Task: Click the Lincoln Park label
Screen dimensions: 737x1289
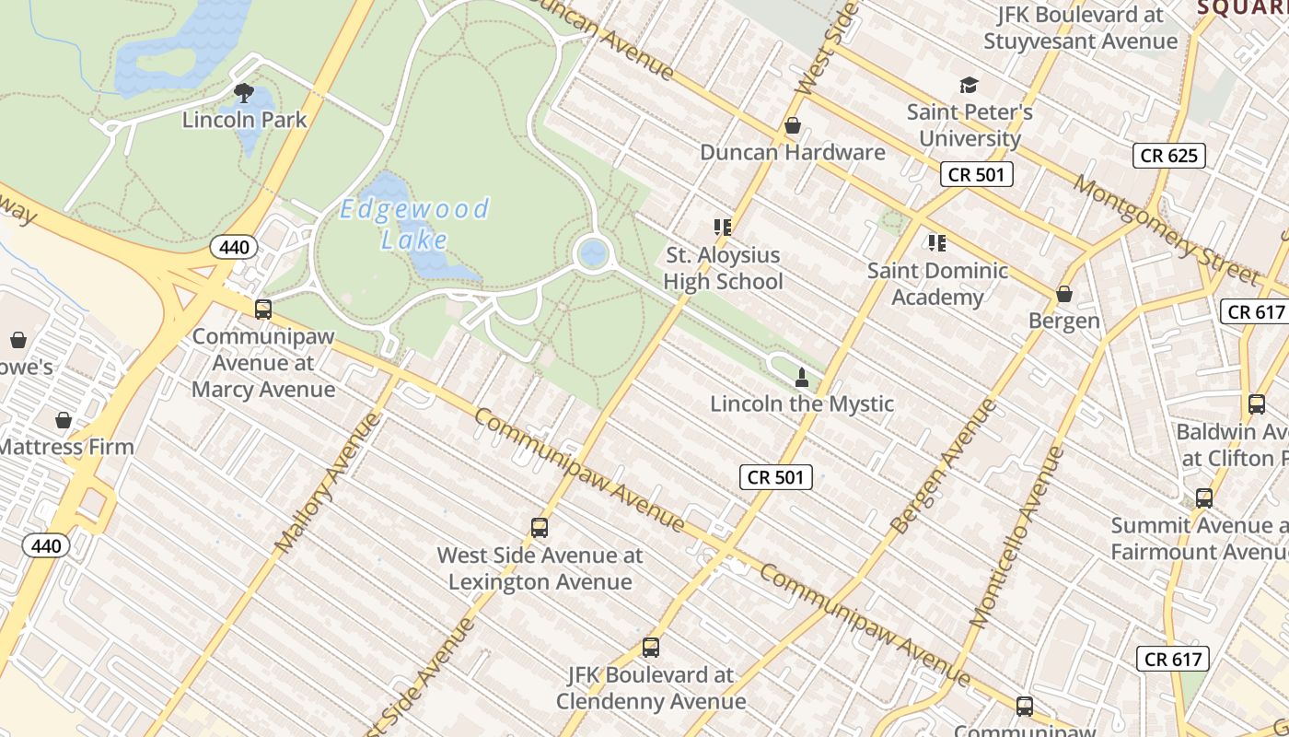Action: click(244, 120)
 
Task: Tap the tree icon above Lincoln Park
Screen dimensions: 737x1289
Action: click(244, 92)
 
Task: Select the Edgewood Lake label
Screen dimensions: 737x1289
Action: click(414, 224)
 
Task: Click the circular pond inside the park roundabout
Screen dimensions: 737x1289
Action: click(593, 252)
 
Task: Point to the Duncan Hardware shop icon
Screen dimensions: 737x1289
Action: click(792, 125)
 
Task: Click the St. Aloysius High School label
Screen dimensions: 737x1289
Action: click(723, 268)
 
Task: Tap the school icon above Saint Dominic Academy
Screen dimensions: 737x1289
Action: click(936, 243)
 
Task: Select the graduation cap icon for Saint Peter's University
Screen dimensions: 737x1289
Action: click(969, 86)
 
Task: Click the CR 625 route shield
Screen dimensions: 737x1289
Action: click(1168, 156)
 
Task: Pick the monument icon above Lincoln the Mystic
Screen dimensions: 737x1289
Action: click(801, 377)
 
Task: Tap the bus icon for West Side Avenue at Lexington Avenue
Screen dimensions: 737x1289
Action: click(540, 528)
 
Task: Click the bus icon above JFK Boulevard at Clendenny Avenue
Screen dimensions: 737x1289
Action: click(651, 648)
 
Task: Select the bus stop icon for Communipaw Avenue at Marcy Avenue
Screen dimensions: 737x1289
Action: click(263, 310)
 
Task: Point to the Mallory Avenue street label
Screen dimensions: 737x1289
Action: click(328, 484)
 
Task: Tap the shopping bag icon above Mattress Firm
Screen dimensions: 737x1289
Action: click(64, 420)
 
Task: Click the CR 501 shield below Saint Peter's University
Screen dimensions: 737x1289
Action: click(976, 174)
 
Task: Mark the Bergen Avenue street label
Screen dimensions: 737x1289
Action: click(944, 466)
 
